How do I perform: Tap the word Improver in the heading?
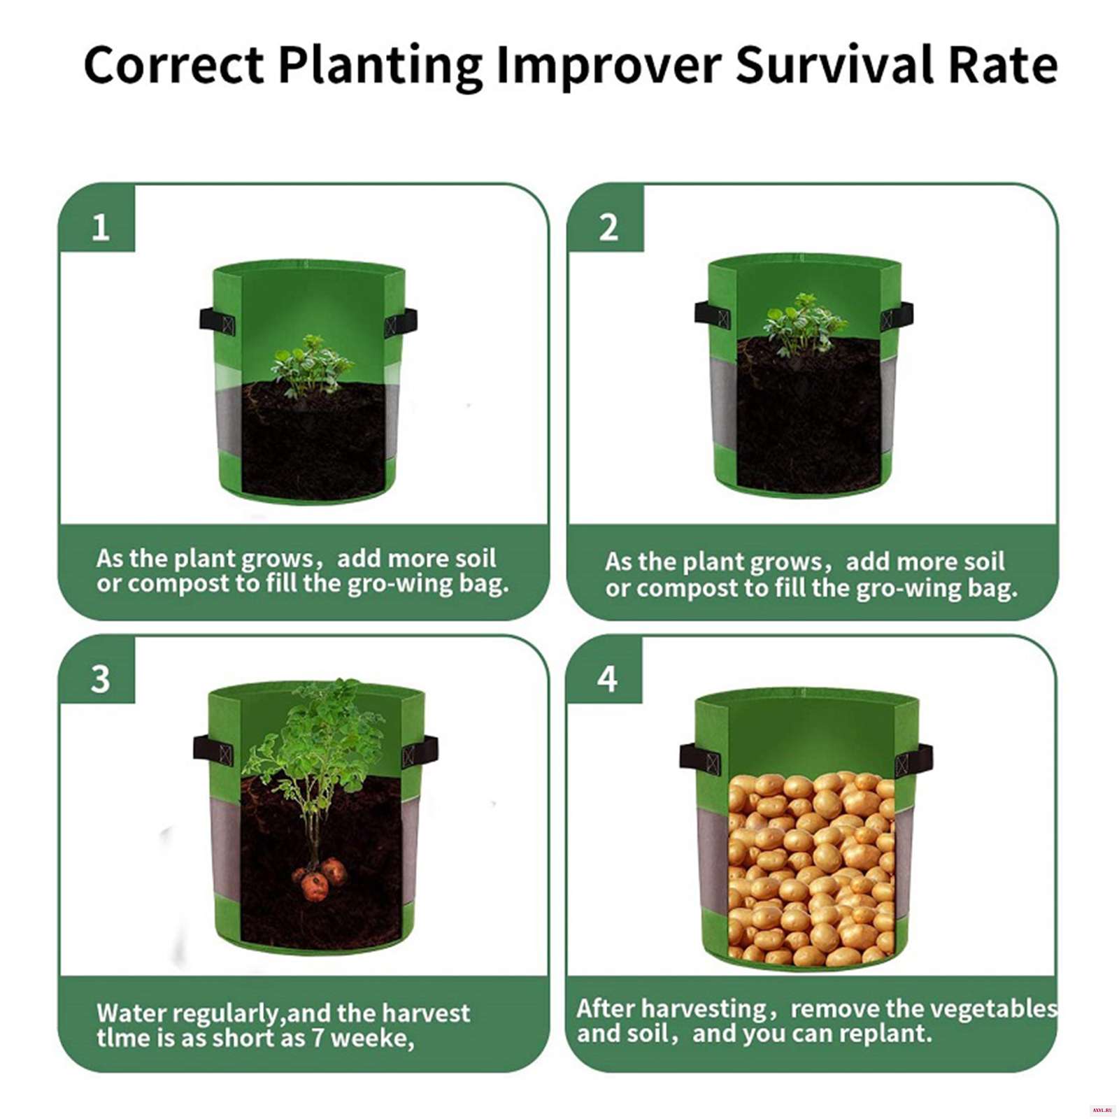tap(608, 65)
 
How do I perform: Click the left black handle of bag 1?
tap(217, 321)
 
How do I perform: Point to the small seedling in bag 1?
tap(311, 366)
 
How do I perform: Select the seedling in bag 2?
tap(804, 325)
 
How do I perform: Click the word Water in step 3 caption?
tap(131, 1013)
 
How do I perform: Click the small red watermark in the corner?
tap(1102, 1111)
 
